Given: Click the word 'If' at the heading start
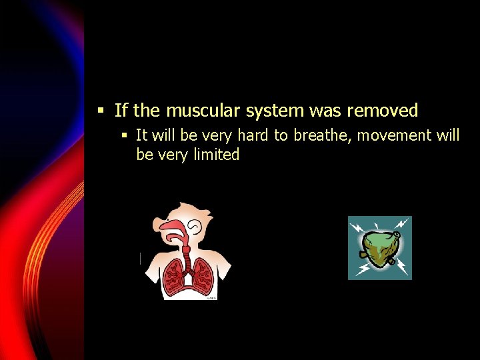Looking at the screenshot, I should pos(121,110).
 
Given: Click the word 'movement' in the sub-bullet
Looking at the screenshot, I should pos(395,135).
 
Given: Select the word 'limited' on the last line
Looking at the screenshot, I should pos(215,155).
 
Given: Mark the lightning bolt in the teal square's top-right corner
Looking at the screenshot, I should pos(401,225).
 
